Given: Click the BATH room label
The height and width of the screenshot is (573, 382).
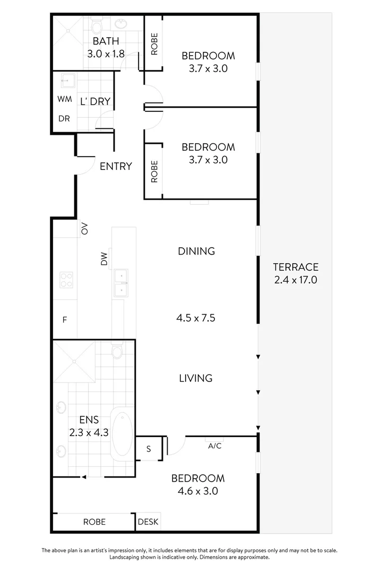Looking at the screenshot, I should [106, 41].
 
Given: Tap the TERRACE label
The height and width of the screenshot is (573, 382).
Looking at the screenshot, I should [296, 267].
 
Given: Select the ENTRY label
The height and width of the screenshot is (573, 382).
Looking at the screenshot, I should [116, 166].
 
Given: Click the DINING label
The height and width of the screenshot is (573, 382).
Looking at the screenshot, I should [196, 251].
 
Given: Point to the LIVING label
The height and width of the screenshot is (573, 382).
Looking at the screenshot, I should [195, 378].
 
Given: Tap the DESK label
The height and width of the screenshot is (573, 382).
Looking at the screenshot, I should [148, 522].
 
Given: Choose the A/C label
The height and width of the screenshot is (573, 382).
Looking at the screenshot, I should [214, 446].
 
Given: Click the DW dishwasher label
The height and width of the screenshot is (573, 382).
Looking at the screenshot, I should [105, 259].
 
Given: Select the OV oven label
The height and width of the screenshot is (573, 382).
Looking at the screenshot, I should [84, 229].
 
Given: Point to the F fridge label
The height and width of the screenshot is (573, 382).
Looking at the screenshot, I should [64, 320].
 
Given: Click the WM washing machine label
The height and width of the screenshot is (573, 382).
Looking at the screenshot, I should [64, 99].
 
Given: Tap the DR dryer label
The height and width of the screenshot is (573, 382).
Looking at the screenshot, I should [64, 119].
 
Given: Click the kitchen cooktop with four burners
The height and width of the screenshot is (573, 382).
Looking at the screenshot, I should [66, 280].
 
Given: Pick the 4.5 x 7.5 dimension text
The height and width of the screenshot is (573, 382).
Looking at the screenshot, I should [196, 318].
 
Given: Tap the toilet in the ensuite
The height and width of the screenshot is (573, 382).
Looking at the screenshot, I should [117, 350].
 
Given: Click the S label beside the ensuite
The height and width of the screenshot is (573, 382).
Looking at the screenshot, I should [149, 449].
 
